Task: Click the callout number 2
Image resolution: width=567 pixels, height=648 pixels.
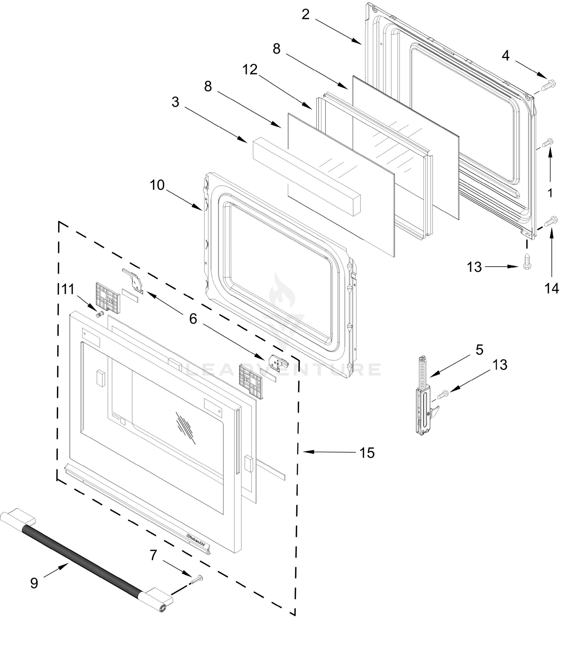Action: click(x=305, y=15)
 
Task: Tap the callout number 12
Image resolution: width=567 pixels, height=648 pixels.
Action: click(x=250, y=70)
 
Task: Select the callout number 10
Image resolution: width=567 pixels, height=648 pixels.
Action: click(x=157, y=185)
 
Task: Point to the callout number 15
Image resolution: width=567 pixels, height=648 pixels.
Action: click(x=367, y=453)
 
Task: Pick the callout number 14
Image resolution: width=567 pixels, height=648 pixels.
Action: click(x=552, y=288)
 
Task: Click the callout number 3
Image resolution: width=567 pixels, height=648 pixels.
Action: click(x=175, y=102)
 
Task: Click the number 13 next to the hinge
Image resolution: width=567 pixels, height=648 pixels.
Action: click(x=500, y=365)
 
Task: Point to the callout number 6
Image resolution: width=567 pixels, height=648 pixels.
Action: click(x=193, y=319)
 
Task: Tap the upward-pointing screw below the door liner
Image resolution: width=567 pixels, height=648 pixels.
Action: click(x=527, y=261)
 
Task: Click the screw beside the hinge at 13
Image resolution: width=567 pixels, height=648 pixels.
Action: click(x=443, y=394)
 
